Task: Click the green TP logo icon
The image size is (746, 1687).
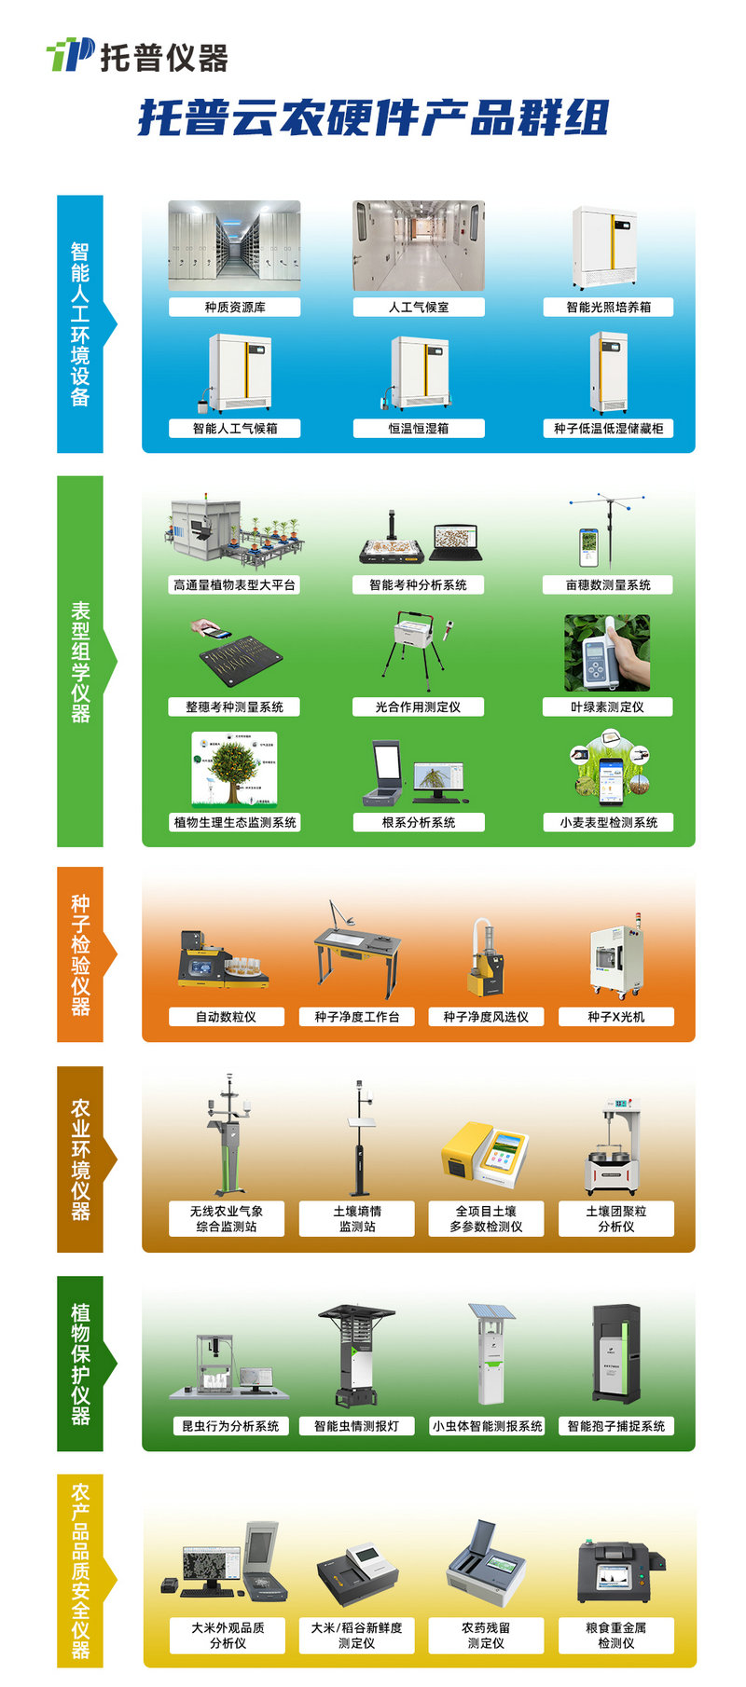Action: (x=70, y=55)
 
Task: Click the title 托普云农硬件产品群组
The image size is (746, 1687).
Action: (x=373, y=119)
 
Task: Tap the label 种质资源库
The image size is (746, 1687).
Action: (x=234, y=307)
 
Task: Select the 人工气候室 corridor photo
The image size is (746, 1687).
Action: (x=419, y=246)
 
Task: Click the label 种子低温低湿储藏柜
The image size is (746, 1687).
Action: (x=608, y=429)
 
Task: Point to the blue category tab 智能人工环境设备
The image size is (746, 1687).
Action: (x=81, y=323)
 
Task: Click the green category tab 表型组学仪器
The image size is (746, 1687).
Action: (x=81, y=662)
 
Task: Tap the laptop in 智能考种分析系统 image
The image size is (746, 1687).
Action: (x=457, y=542)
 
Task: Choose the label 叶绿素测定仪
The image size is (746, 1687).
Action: (x=607, y=707)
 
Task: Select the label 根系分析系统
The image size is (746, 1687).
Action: (x=419, y=822)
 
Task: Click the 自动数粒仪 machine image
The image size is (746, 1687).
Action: (x=224, y=960)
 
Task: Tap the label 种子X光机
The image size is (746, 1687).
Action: (x=615, y=1017)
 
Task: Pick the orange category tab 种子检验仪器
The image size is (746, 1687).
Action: (x=81, y=953)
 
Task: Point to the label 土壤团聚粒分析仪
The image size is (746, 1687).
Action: (x=615, y=1218)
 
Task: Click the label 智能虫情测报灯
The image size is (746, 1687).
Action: (x=356, y=1426)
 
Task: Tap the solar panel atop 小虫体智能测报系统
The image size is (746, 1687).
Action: (x=491, y=1311)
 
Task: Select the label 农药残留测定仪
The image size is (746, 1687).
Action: (x=486, y=1635)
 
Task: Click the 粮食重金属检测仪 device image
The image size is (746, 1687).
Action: (x=617, y=1575)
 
